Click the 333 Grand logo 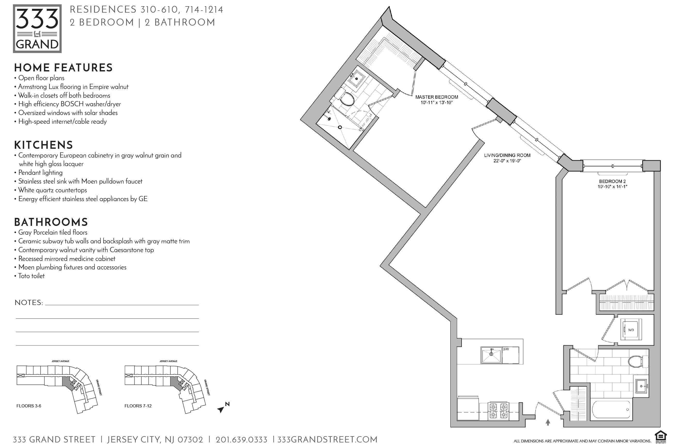(37, 28)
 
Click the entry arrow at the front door (548, 422)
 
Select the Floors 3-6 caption (29, 406)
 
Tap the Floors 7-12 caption (138, 406)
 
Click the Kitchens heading (43, 145)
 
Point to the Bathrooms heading (51, 222)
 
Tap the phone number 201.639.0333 (242, 440)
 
